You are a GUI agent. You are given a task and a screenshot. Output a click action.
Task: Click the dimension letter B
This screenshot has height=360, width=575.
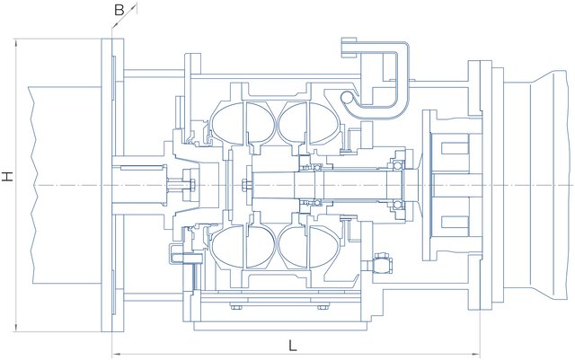point(119,9)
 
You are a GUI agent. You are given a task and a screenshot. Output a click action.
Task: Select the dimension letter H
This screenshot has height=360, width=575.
point(7,178)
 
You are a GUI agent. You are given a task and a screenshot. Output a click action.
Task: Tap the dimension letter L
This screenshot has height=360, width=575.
point(293,345)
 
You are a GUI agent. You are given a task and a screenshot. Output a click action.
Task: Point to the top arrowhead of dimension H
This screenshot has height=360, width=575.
point(17,41)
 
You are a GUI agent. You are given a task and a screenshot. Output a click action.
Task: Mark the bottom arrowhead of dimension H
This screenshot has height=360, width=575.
point(17,329)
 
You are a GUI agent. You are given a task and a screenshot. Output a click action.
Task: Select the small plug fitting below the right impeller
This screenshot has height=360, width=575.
point(381,266)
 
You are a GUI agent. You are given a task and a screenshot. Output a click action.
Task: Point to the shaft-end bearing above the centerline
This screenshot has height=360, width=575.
point(396,166)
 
